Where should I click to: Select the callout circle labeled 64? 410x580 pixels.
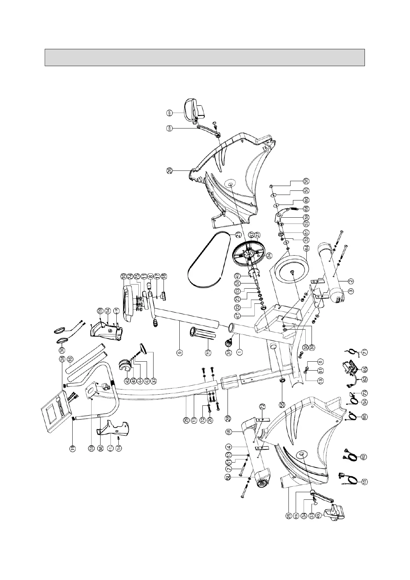point(306,247)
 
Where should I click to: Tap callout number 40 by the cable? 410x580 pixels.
point(364,457)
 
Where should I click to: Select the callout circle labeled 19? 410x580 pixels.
point(73,449)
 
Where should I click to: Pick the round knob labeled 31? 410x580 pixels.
point(229,343)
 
